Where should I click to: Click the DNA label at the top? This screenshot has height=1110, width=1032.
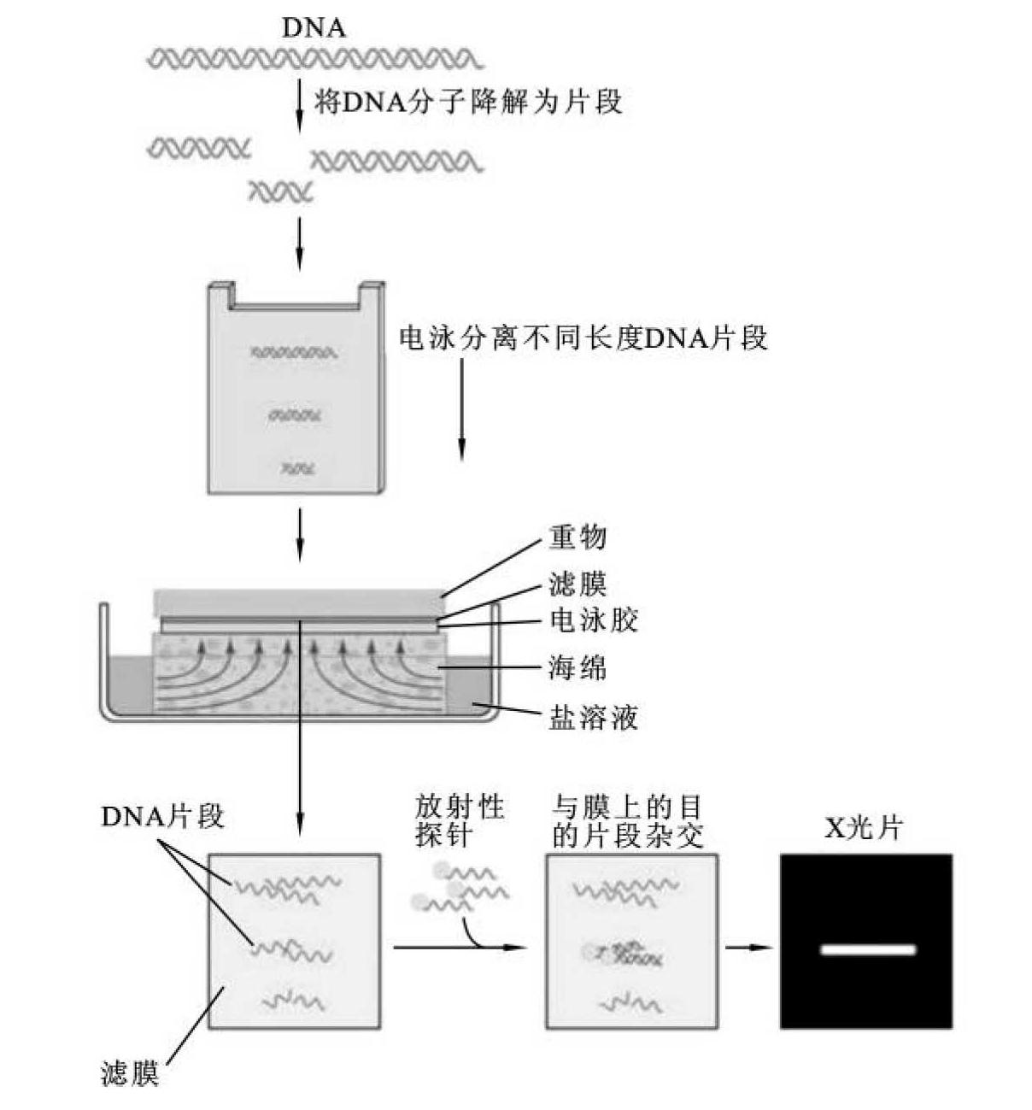click(314, 28)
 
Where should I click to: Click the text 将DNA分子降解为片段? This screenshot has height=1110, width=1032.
click(468, 103)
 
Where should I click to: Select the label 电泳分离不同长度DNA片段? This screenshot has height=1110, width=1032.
click(583, 338)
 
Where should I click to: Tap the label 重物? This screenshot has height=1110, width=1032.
click(578, 537)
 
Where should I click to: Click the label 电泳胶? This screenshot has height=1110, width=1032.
click(593, 620)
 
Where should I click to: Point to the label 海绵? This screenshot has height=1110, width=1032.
click(578, 667)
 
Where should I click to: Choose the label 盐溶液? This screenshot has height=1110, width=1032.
click(593, 717)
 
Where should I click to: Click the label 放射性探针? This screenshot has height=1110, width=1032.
click(460, 819)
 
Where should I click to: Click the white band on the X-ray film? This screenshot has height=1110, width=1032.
click(867, 949)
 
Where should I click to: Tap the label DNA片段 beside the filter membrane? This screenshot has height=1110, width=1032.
click(162, 817)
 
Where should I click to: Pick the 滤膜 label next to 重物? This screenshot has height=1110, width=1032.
click(578, 584)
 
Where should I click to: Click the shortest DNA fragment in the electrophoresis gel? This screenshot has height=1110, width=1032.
click(299, 467)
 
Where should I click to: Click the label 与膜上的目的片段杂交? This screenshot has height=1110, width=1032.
click(627, 821)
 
